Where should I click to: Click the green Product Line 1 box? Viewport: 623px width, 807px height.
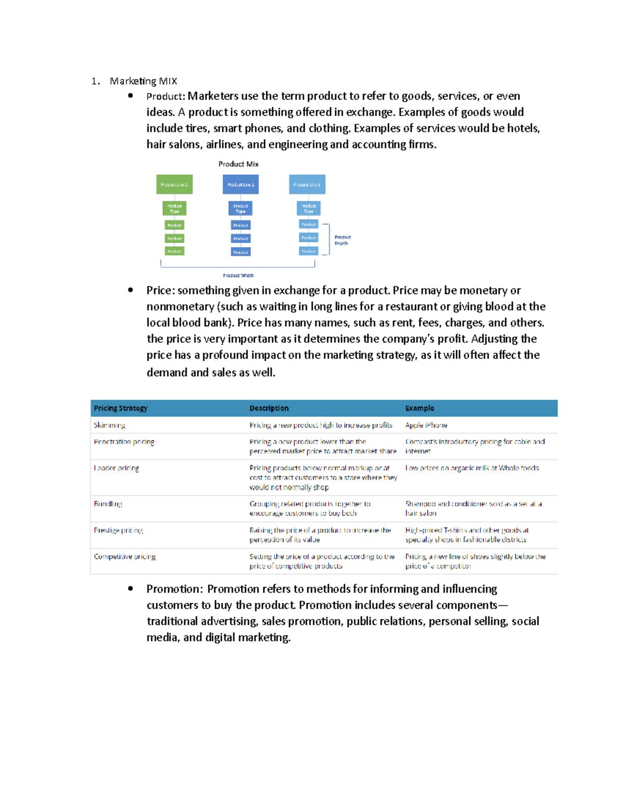tap(174, 184)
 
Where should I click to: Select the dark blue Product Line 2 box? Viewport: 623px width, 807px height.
tap(240, 184)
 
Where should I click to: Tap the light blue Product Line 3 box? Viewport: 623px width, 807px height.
tap(307, 184)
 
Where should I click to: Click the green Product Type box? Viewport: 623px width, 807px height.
tap(174, 208)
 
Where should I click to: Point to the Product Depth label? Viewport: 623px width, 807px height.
tap(342, 240)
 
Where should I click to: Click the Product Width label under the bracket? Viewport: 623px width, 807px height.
tap(238, 275)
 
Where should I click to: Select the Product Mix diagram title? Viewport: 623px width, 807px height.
tap(238, 164)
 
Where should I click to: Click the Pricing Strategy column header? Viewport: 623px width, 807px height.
tap(120, 408)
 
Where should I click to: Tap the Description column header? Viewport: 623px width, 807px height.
tap(269, 408)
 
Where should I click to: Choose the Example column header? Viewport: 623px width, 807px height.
tap(419, 408)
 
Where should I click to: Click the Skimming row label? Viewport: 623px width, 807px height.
tap(110, 425)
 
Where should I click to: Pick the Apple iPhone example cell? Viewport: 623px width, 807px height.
tap(426, 425)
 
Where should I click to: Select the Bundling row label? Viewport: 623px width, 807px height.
tap(108, 504)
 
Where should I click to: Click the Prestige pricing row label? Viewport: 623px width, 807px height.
tap(118, 530)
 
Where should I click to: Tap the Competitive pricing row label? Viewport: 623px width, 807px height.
tap(125, 557)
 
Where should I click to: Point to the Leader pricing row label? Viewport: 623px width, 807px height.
tap(116, 468)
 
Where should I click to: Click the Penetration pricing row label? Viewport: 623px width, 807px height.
tap(124, 442)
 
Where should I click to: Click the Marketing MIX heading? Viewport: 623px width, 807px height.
tap(143, 81)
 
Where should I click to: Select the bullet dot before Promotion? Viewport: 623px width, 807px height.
tap(130, 588)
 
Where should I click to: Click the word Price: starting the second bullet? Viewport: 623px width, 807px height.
tap(160, 290)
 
